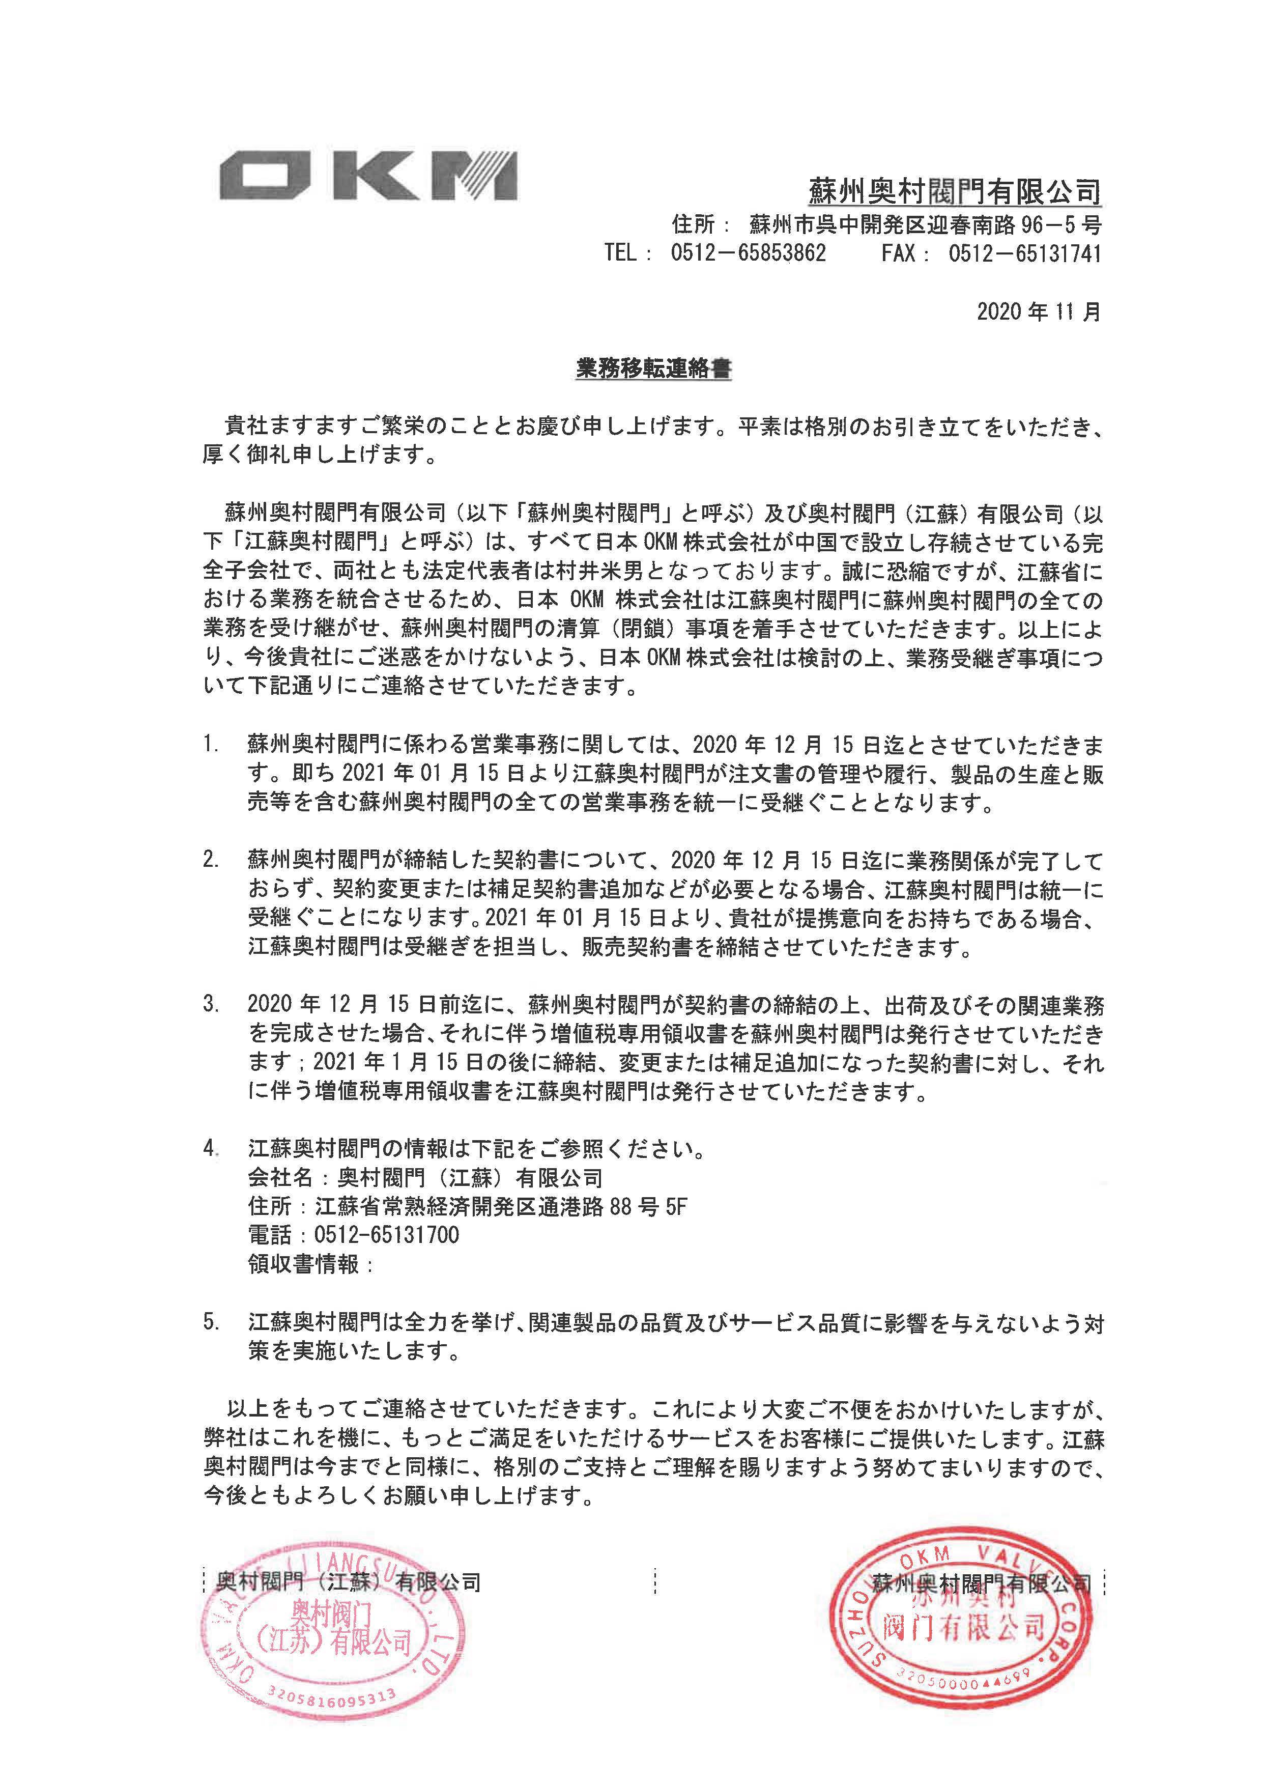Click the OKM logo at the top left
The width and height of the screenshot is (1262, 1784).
point(367,177)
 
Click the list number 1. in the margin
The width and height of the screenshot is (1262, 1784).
point(211,745)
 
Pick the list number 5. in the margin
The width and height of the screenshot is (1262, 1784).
point(211,1321)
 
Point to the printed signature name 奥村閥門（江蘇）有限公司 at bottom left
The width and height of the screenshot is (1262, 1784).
point(348,1580)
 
